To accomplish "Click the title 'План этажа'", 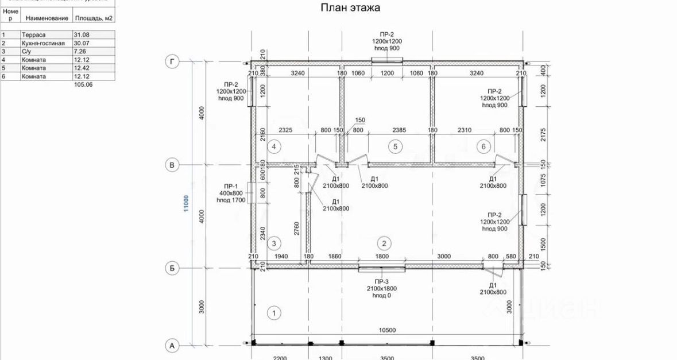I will (x=349, y=8).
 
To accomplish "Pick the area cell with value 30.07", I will (x=82, y=43).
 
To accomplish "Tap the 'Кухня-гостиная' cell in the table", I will (x=40, y=43).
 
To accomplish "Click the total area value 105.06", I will (x=83, y=84).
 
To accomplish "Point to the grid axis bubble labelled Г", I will (x=171, y=61).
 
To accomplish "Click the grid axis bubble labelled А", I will (x=171, y=345).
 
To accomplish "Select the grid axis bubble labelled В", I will (x=171, y=165).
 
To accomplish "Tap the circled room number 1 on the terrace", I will (x=274, y=313).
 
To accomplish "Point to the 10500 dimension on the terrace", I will (x=389, y=330).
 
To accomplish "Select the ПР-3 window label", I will (x=381, y=281).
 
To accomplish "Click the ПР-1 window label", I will (x=231, y=185).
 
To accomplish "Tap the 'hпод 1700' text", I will (x=231, y=200).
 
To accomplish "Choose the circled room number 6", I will (x=483, y=146).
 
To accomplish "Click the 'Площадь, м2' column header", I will (x=94, y=18).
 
